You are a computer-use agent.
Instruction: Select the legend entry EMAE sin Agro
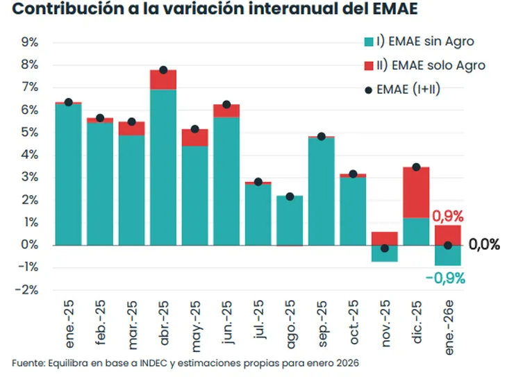(425, 42)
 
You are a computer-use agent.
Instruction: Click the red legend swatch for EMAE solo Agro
(368, 65)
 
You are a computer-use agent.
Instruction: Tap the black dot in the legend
(368, 89)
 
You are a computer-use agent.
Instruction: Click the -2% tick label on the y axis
(27, 290)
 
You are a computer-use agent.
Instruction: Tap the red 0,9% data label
(447, 216)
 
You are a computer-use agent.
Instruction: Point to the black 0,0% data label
(484, 244)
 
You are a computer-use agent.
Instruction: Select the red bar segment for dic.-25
(416, 192)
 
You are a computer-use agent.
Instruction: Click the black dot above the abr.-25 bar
(163, 70)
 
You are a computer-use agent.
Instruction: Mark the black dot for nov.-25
(384, 248)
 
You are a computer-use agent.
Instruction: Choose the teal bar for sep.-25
(321, 192)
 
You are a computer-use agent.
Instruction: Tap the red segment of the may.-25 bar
(194, 137)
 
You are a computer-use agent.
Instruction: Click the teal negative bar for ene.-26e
(447, 255)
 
